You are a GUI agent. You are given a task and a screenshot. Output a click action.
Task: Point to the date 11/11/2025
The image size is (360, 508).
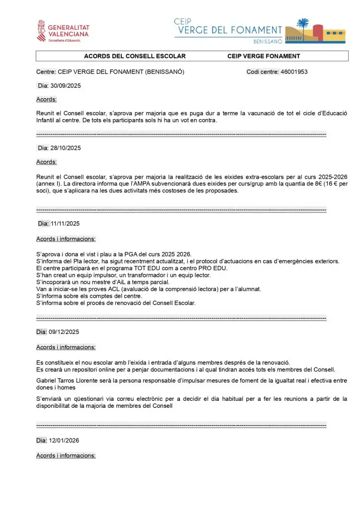(x=66, y=223)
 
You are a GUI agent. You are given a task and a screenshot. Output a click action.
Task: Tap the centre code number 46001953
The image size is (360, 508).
(x=294, y=72)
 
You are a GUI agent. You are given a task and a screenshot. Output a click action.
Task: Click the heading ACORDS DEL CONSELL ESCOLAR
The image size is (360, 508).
(x=135, y=56)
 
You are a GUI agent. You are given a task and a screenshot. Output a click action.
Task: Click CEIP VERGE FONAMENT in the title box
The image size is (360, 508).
(x=264, y=56)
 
